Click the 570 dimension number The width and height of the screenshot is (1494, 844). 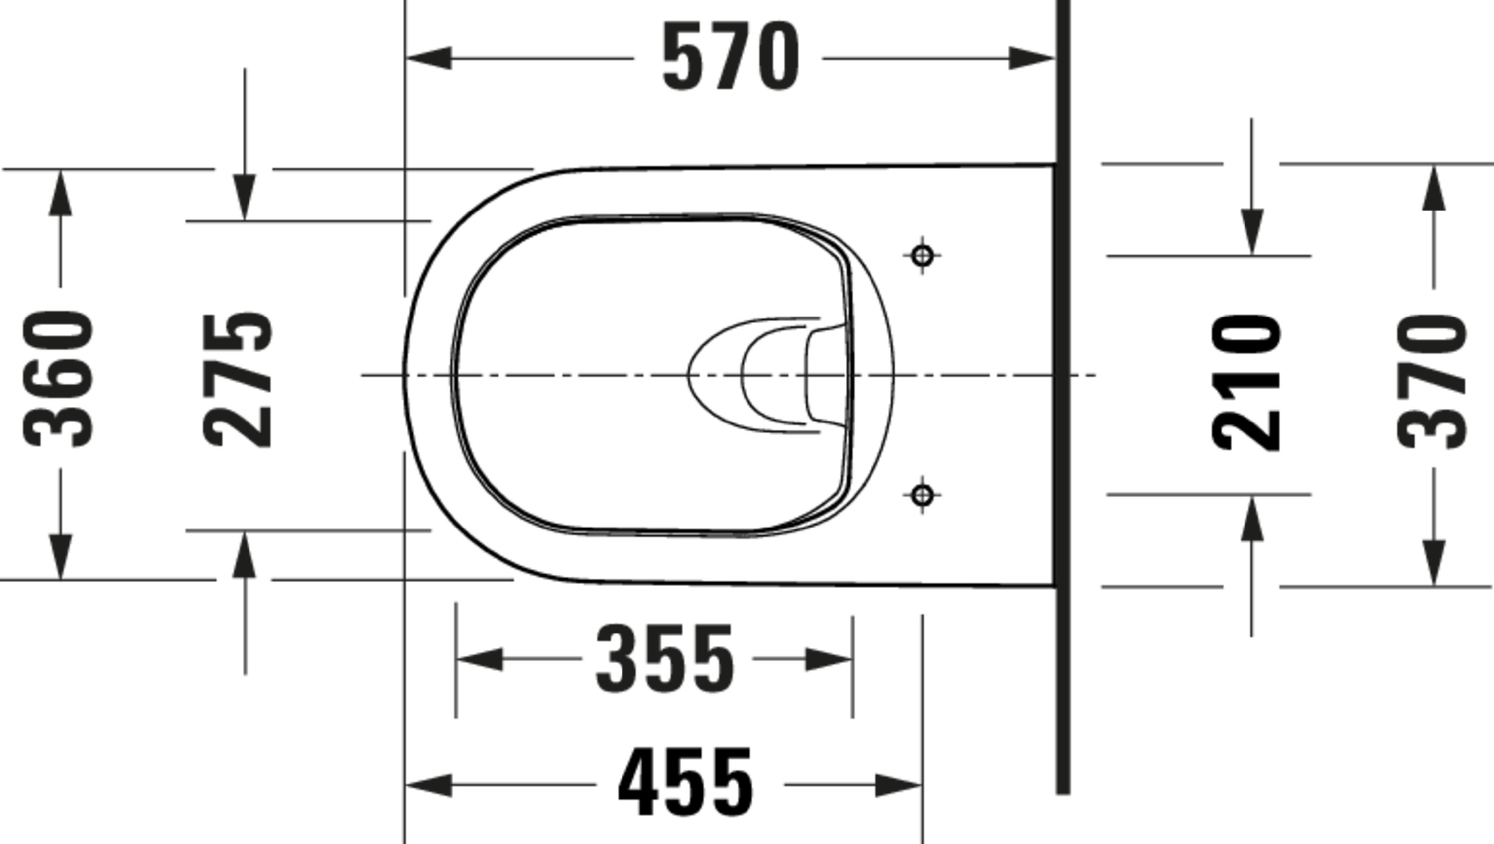[x=731, y=56]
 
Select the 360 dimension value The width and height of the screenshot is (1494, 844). [x=57, y=379]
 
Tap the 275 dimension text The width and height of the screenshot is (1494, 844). [x=238, y=380]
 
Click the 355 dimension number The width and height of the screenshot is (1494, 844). [x=665, y=658]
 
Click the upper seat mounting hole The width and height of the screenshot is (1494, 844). [x=922, y=255]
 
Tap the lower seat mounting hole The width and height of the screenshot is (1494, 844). [x=922, y=495]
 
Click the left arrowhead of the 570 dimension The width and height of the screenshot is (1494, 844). [x=429, y=58]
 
